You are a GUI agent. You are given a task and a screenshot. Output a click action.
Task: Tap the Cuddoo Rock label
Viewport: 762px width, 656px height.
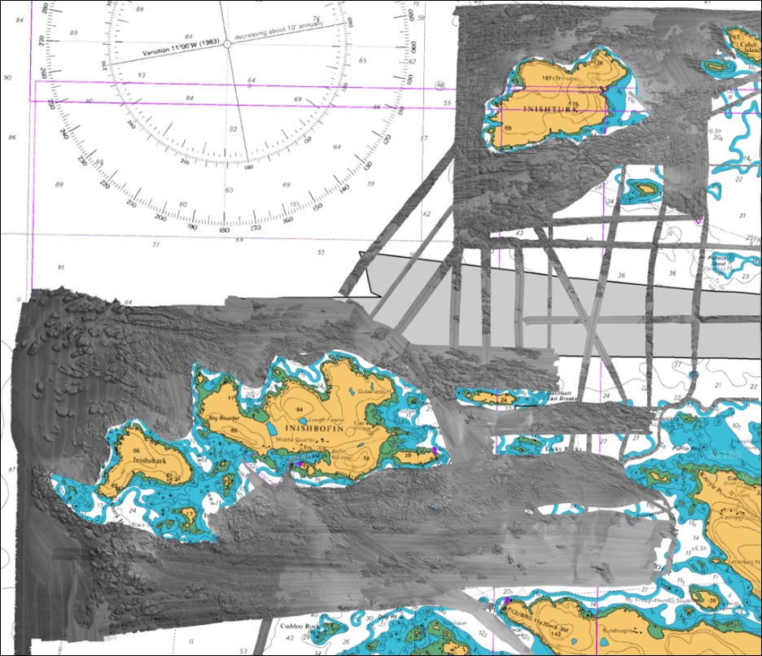pos(297,627)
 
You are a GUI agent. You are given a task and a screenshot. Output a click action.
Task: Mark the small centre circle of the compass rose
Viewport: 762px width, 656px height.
pos(227,46)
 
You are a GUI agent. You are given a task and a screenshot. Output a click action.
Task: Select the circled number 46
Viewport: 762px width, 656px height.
pos(440,85)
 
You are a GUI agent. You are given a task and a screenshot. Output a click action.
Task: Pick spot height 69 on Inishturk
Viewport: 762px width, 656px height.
pos(507,128)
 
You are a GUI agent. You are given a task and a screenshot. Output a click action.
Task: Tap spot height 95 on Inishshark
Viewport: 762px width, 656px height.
pos(136,452)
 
